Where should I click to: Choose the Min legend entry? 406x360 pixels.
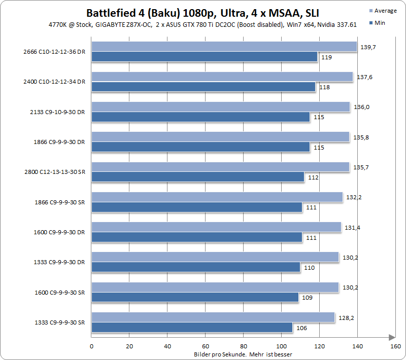pos(380,22)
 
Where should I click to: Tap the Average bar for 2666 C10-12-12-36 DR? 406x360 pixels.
pos(224,47)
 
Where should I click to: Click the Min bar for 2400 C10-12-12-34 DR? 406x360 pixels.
pos(203,87)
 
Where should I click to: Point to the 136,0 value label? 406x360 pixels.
pos(360,106)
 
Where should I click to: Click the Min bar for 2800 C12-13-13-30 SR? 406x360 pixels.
pos(198,177)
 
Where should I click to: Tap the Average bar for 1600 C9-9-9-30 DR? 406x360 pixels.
pos(216,227)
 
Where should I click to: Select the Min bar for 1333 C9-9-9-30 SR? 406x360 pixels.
pos(192,328)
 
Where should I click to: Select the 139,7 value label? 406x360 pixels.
pos(367,46)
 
